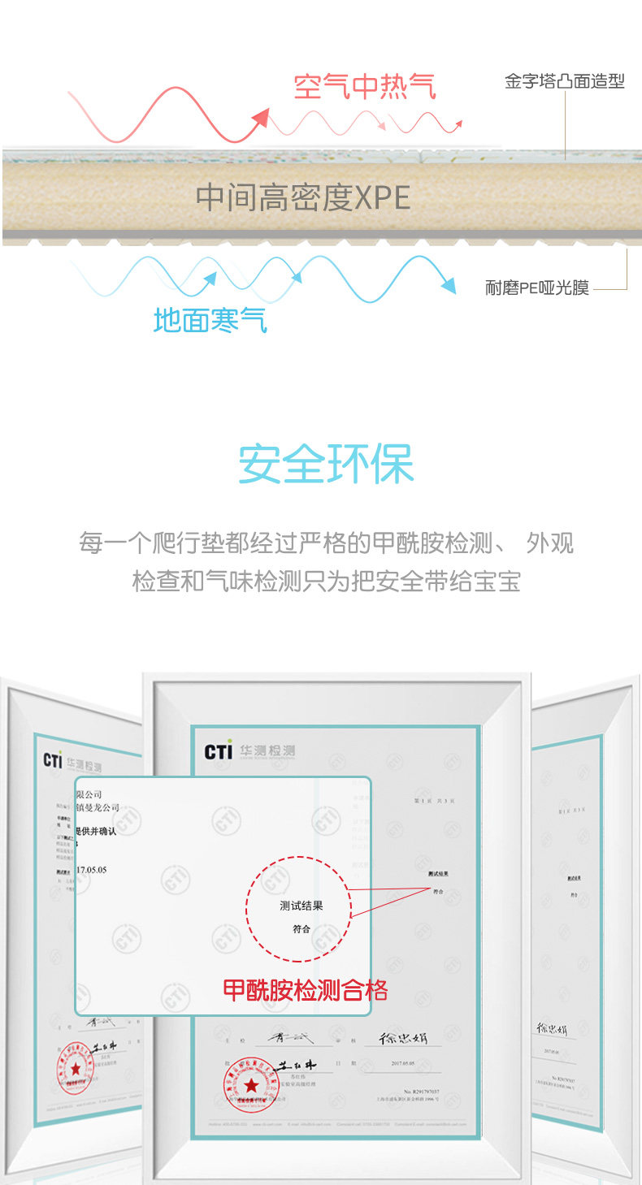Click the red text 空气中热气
point(365,86)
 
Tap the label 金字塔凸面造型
point(564,82)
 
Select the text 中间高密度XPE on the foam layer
point(302,197)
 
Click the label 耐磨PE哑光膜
point(537,288)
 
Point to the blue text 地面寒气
point(210,320)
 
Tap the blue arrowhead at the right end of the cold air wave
point(447,284)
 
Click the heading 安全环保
point(326,464)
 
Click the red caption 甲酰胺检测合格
point(306,990)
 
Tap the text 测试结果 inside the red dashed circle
point(301,906)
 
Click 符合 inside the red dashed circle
point(301,928)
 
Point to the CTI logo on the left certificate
point(53,761)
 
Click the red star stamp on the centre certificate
point(251,1085)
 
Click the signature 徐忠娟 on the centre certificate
point(404,1038)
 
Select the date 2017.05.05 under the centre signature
point(404,1062)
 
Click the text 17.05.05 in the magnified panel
point(91,869)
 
